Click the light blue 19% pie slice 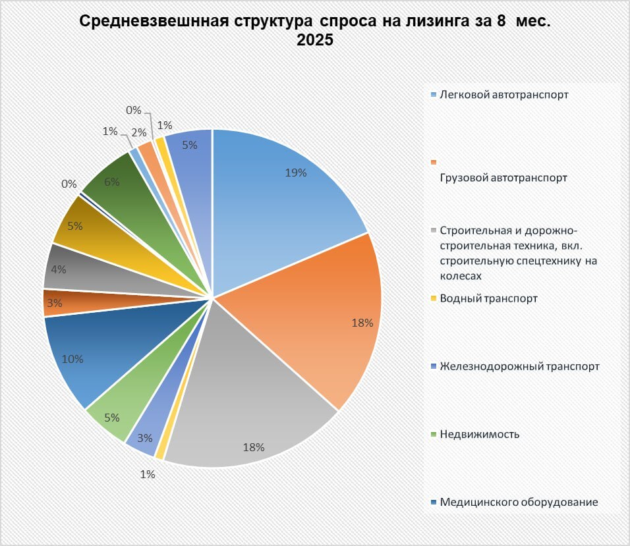click(277, 198)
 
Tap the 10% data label click(72, 359)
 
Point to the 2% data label click(140, 132)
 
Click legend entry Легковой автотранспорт click(504, 95)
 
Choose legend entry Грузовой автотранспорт click(504, 178)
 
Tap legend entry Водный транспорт click(488, 298)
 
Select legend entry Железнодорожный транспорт click(519, 366)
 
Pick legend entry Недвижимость click(479, 434)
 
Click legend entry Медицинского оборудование click(519, 502)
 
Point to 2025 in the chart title click(315, 40)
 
